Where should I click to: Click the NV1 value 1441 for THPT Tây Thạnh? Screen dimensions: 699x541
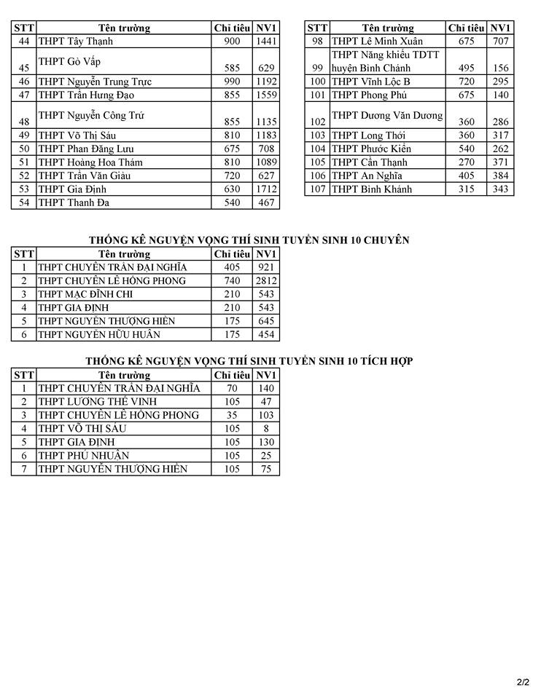click(266, 42)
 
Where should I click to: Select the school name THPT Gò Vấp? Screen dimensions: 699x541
click(69, 61)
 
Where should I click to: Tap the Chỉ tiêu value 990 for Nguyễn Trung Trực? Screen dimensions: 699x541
click(232, 82)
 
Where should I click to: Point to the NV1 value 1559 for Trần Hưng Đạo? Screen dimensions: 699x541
click(266, 95)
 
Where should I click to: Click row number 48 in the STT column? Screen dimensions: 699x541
click(24, 122)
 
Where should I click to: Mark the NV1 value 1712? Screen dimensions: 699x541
click(266, 189)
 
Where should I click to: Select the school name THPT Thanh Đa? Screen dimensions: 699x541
click(74, 202)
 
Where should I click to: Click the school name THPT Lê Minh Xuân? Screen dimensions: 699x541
click(377, 42)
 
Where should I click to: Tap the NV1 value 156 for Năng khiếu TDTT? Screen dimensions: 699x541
click(500, 68)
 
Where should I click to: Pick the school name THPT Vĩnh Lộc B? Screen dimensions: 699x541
click(371, 82)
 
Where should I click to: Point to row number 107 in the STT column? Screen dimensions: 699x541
click(317, 189)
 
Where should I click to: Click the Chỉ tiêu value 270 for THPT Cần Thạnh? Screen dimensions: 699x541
click(466, 162)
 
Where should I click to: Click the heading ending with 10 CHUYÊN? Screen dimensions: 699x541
click(249, 240)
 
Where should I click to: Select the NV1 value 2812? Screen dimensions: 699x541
click(266, 281)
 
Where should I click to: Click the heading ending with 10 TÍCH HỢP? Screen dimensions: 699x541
click(249, 361)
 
